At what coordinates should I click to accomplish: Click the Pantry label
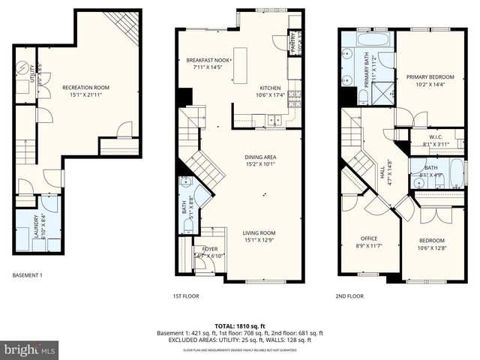pos(294,44)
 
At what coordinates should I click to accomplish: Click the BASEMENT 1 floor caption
pos(28,276)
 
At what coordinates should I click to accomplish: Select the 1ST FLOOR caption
pos(186,296)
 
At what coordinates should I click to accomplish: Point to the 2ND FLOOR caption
pos(349,296)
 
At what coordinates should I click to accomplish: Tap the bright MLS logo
pos(30,349)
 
